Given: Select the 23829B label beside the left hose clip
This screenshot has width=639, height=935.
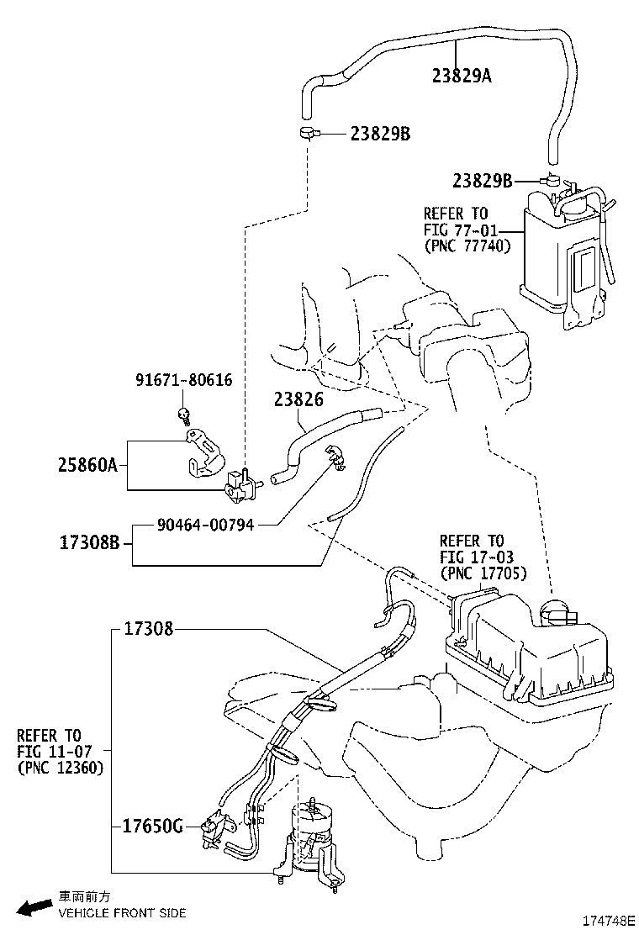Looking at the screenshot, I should (380, 134).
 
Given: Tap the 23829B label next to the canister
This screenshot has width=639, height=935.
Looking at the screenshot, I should (482, 180).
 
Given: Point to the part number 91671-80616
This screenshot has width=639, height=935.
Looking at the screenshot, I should (183, 380).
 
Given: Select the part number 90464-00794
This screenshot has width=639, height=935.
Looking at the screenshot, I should (205, 525).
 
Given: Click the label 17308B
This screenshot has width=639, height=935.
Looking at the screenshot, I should (90, 542).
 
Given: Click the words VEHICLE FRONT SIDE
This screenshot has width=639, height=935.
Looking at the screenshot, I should (121, 913).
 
